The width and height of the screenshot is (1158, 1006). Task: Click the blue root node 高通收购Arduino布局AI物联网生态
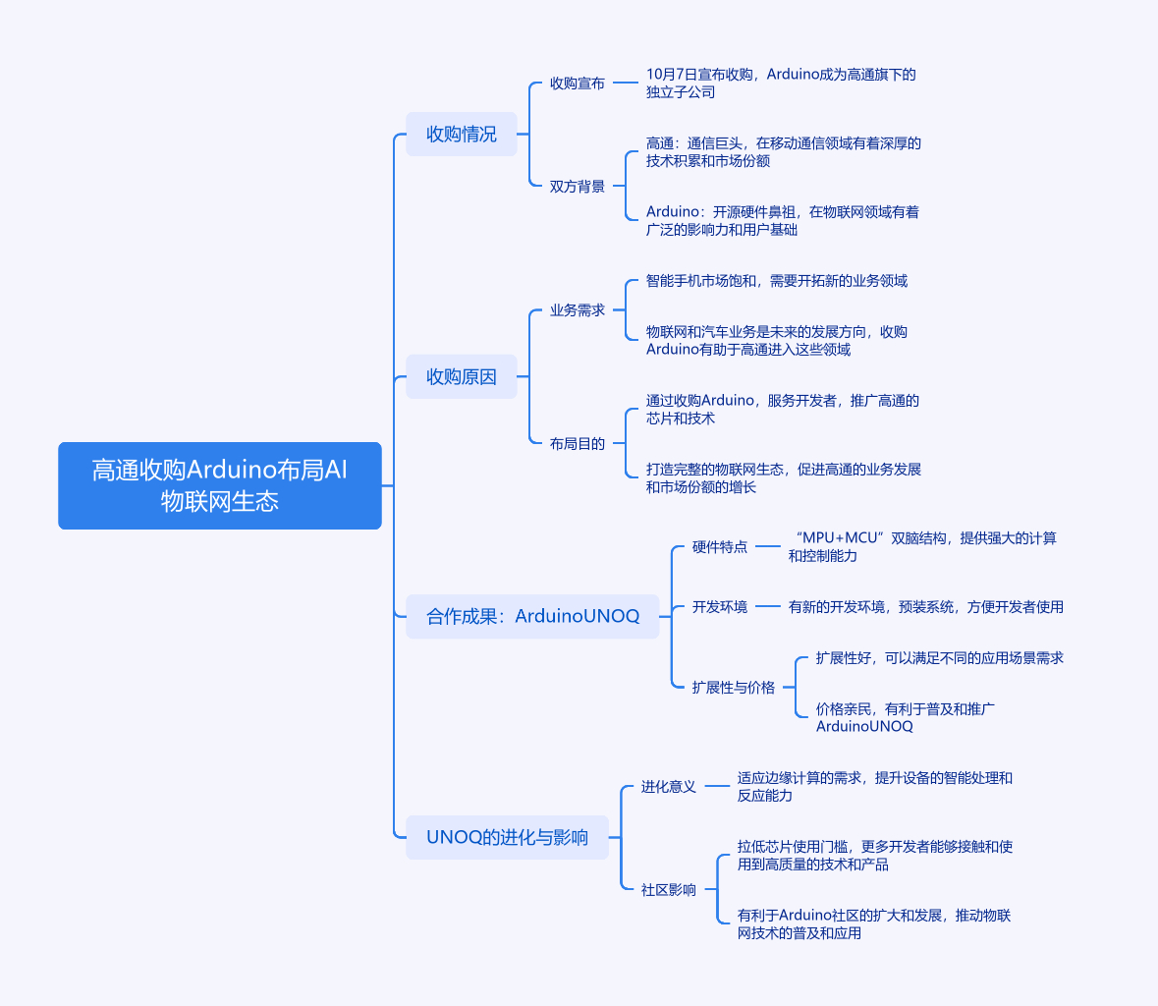click(x=220, y=485)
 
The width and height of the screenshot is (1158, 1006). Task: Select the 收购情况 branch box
click(x=462, y=134)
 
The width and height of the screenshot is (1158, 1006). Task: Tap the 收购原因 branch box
click(x=462, y=376)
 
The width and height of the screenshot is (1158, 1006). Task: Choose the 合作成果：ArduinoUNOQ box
click(x=532, y=616)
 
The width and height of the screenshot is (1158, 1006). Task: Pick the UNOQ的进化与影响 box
click(x=507, y=837)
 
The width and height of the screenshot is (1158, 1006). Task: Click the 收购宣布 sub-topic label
click(x=578, y=84)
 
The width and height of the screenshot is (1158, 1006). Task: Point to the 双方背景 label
click(x=578, y=187)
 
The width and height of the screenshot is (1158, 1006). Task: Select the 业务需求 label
click(x=578, y=310)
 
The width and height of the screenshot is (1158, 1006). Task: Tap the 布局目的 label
click(x=578, y=444)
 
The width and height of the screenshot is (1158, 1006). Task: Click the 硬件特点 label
click(x=720, y=547)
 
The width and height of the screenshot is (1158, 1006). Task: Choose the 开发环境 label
click(x=720, y=607)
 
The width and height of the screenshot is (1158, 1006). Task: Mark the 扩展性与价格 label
click(x=734, y=688)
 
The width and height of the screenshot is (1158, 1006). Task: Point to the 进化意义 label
click(x=669, y=787)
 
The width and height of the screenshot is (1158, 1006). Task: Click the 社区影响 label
click(x=669, y=890)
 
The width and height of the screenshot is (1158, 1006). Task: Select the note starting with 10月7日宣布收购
click(x=781, y=84)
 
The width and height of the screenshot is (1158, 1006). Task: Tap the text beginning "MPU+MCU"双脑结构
click(x=922, y=547)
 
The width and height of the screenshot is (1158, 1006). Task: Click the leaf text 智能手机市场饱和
click(x=777, y=281)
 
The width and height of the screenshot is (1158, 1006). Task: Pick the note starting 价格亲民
click(x=905, y=718)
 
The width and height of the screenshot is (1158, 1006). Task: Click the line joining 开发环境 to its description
click(x=768, y=607)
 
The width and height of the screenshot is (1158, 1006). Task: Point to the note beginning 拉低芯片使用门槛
click(x=875, y=856)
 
